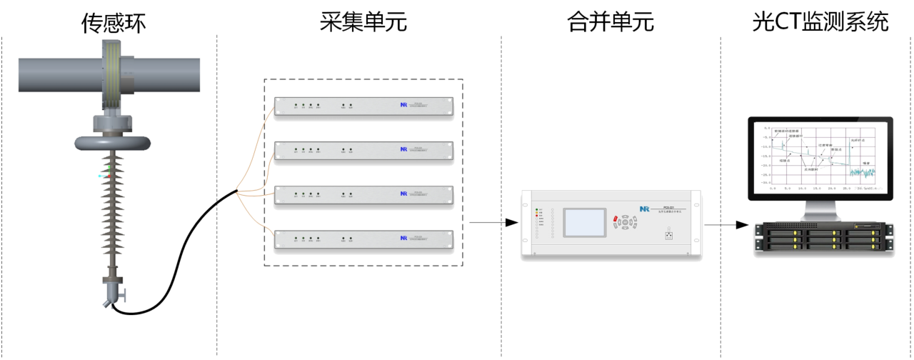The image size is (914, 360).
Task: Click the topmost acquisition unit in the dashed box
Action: click(363, 108)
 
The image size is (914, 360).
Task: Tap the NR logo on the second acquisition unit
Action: click(403, 150)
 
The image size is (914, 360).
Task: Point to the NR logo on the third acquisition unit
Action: click(403, 194)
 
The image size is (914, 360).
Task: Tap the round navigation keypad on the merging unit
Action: click(626, 223)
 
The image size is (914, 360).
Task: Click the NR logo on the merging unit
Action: click(644, 208)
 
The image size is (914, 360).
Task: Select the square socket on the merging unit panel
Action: click(669, 234)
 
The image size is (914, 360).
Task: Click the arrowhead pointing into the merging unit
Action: click(511, 223)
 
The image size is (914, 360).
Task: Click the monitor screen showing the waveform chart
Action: click(819, 155)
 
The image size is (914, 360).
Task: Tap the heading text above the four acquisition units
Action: click(363, 22)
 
